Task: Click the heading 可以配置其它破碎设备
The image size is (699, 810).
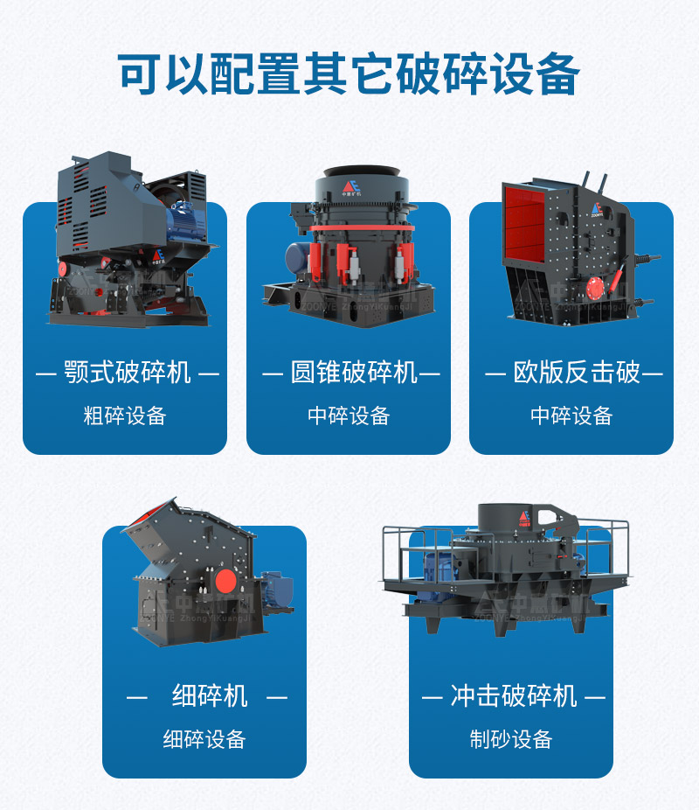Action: pyautogui.click(x=349, y=73)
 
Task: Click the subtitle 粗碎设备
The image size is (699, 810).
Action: pyautogui.click(x=125, y=415)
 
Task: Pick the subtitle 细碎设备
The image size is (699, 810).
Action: pyautogui.click(x=204, y=739)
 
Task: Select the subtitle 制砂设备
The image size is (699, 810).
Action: pyautogui.click(x=511, y=739)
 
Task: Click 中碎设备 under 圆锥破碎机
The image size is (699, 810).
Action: pyautogui.click(x=349, y=415)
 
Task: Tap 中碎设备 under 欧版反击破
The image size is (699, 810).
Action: pyautogui.click(x=571, y=415)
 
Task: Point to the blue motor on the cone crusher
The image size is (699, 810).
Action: pyautogui.click(x=297, y=259)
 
